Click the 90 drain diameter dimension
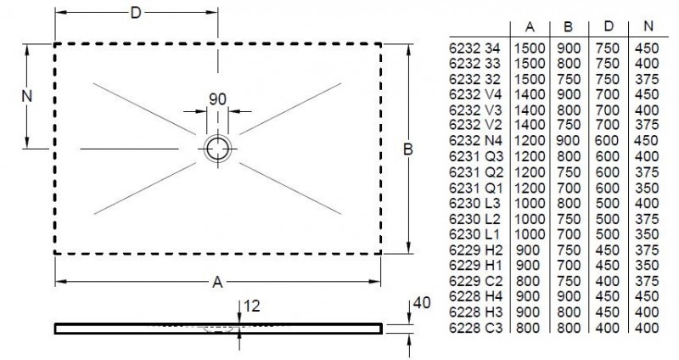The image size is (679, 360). (x=217, y=99)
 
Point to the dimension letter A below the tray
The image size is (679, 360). (x=218, y=281)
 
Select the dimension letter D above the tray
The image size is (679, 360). (x=136, y=12)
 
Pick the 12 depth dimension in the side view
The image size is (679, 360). (x=251, y=304)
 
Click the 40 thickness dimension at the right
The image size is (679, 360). (x=416, y=303)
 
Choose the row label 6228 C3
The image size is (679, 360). (x=474, y=327)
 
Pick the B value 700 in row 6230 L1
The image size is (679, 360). (x=569, y=234)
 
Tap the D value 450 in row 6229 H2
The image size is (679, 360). (x=608, y=250)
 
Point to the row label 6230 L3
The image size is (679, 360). (x=474, y=204)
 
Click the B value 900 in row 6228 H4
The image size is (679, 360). (x=569, y=296)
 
